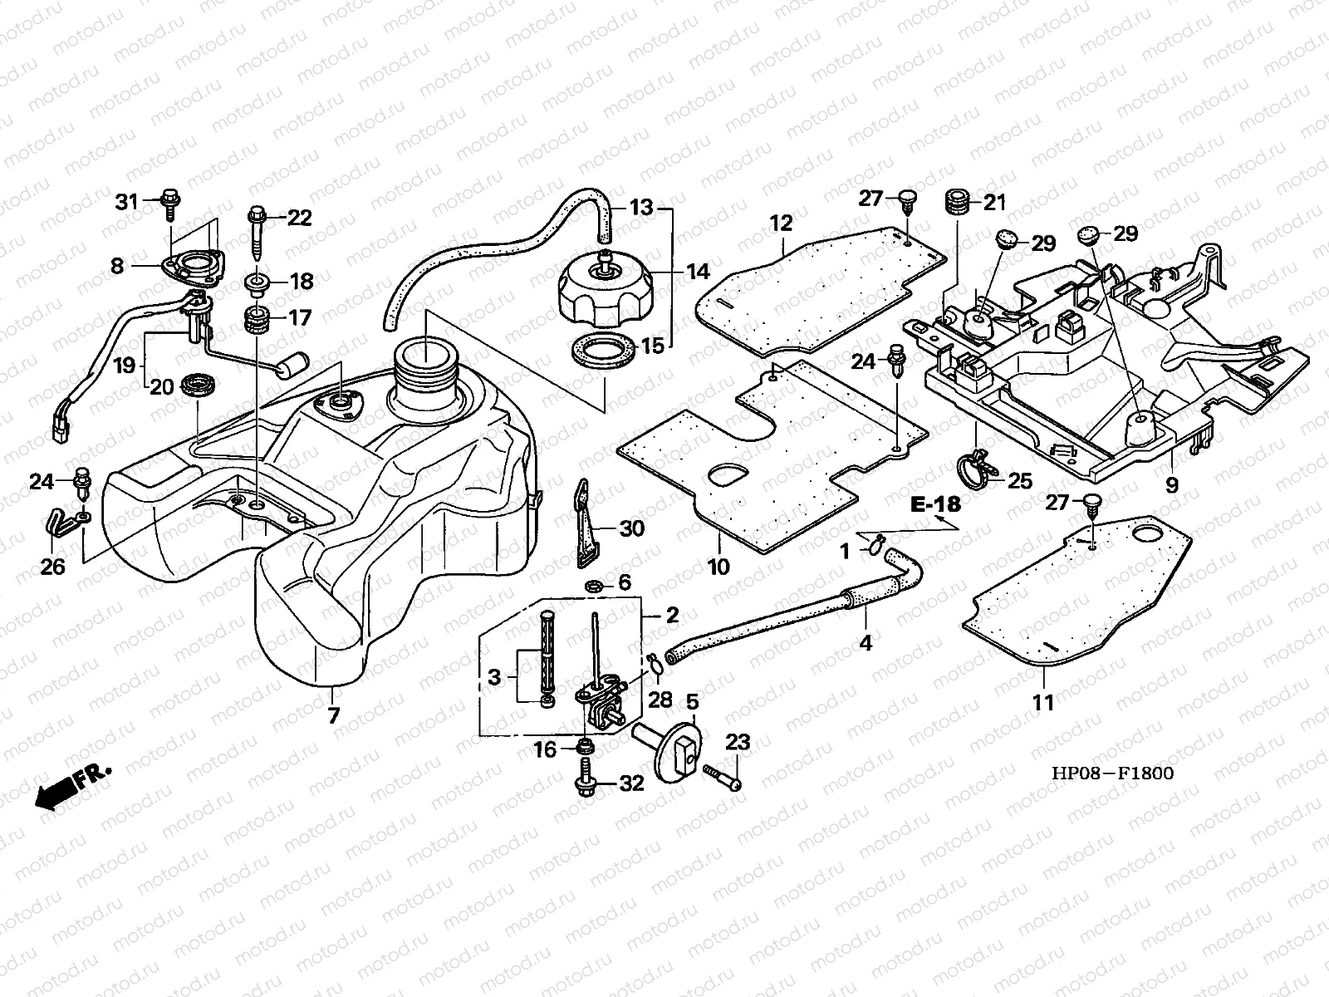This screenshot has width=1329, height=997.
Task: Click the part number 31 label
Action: pyautogui.click(x=125, y=201)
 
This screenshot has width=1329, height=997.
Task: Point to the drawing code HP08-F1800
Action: pyautogui.click(x=1112, y=774)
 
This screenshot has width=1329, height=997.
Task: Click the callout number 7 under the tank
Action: pyautogui.click(x=333, y=715)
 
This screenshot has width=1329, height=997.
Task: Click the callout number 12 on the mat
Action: pyautogui.click(x=781, y=223)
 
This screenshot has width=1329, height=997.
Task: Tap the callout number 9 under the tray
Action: pyautogui.click(x=1171, y=484)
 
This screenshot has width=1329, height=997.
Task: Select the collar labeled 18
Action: pyautogui.click(x=257, y=282)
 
